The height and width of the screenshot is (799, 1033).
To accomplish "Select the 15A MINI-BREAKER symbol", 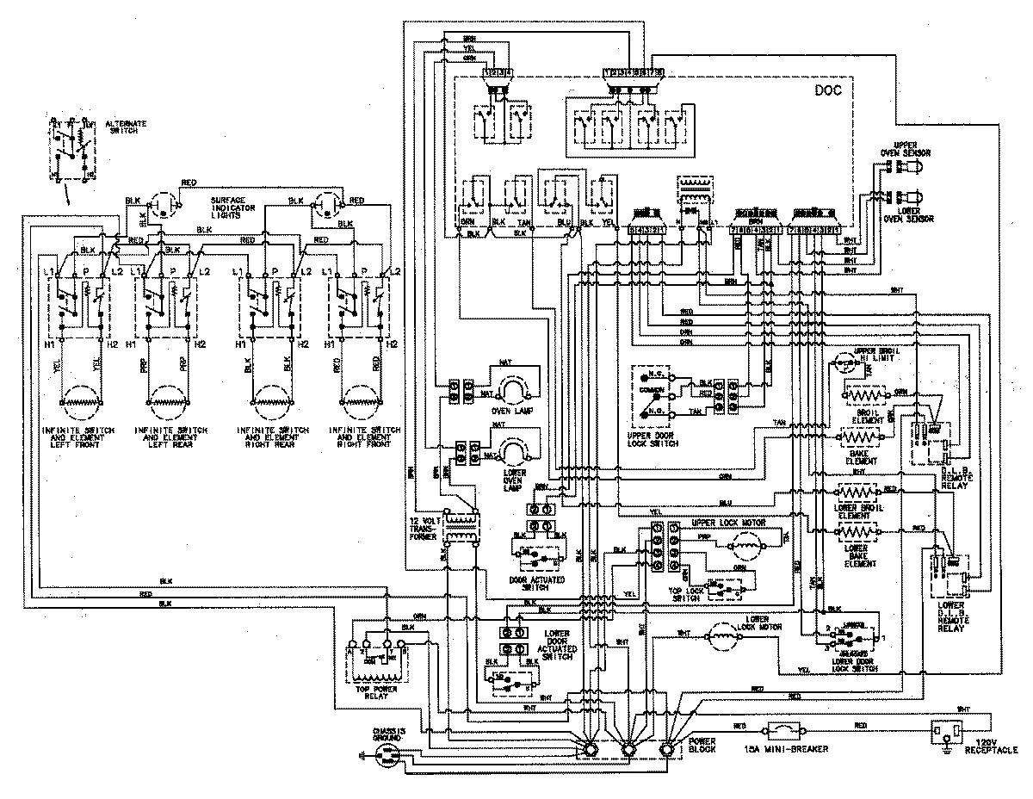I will click(x=784, y=730).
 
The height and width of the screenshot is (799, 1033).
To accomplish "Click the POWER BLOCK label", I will click(x=702, y=745).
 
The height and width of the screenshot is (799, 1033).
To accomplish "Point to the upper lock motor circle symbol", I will click(x=745, y=544).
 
